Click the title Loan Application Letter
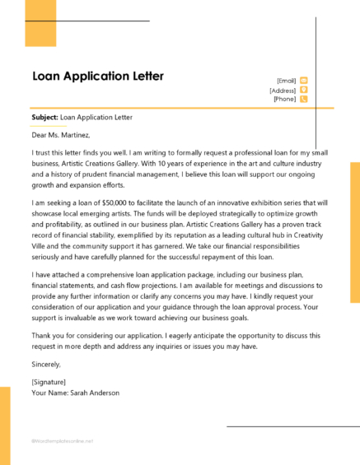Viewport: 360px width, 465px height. coord(97,77)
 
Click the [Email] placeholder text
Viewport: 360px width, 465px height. coord(286,81)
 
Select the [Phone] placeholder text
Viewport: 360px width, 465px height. coord(284,99)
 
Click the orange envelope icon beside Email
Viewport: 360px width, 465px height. coord(304,80)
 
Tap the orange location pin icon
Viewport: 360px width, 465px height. coord(304,89)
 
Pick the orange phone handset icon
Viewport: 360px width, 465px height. coord(304,99)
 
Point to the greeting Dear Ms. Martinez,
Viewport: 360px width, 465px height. coord(60,135)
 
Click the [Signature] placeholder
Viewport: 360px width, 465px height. coord(50,382)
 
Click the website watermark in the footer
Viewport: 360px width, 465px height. coord(62,440)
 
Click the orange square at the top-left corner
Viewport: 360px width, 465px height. coord(40,22)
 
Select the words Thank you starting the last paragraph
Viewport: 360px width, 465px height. coord(47,336)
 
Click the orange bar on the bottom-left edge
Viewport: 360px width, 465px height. coord(4,425)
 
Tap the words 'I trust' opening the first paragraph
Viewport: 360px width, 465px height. coord(42,152)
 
